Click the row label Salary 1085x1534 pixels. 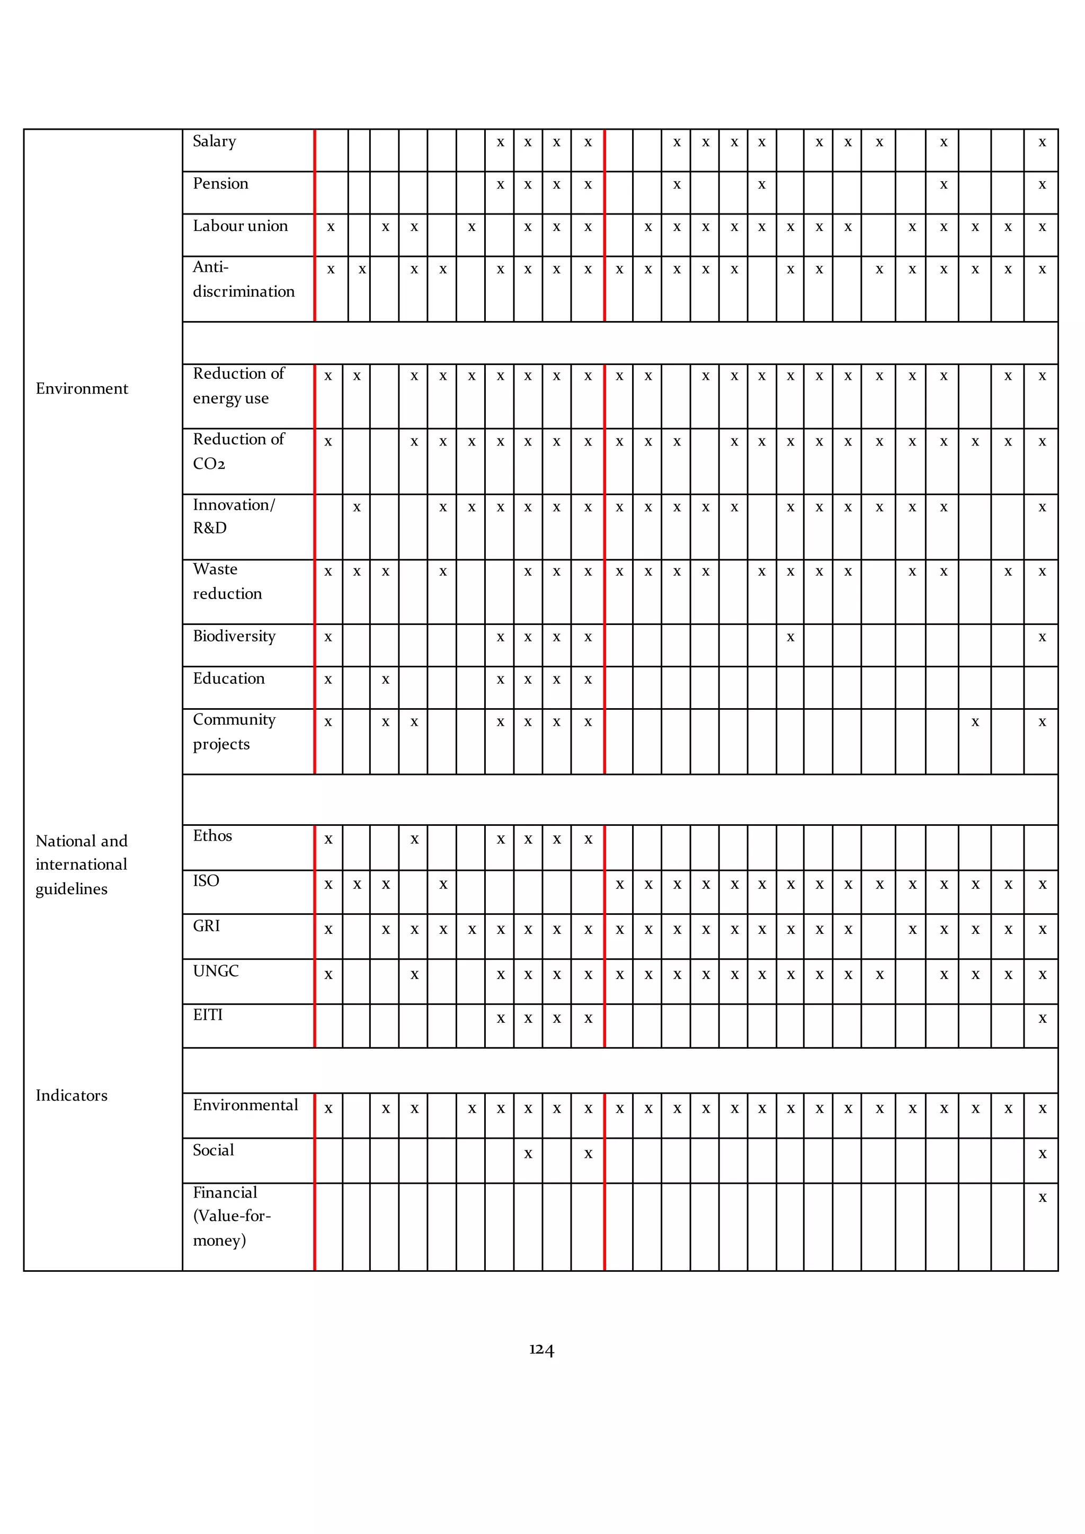coord(214,141)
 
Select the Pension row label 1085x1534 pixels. coord(220,184)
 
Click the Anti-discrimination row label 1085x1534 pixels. coord(243,279)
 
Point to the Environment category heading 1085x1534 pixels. coord(82,389)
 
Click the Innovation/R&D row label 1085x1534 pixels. coord(233,516)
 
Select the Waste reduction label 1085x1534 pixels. coord(227,581)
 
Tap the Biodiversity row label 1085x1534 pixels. coord(234,636)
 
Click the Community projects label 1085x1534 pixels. coord(234,732)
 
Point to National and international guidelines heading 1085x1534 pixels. coord(81,864)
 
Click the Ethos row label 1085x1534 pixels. coord(212,836)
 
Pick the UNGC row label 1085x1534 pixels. coord(215,971)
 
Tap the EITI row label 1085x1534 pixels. coord(208,1015)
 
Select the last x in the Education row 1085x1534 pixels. coord(588,680)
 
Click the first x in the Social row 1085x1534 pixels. coord(528,1154)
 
